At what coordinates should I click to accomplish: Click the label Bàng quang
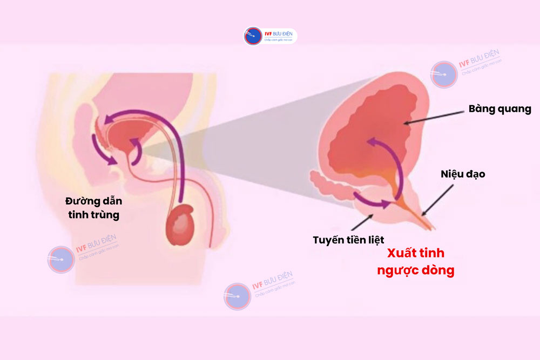point(499,109)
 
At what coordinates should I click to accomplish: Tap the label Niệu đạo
point(463,174)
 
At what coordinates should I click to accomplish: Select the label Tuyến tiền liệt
point(348,239)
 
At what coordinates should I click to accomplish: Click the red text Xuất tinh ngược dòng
point(415,262)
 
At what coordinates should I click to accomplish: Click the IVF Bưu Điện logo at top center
point(270,36)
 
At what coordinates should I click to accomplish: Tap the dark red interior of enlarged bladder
point(373,124)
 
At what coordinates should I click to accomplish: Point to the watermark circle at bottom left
point(61,260)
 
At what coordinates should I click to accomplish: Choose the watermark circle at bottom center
point(238,296)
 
